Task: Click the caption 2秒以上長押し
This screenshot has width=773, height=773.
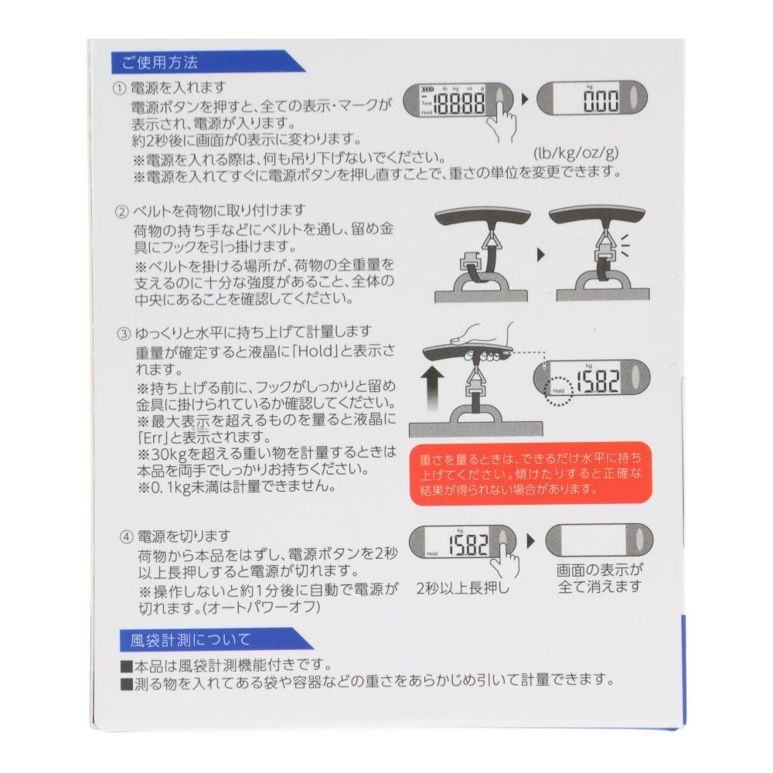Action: [462, 588]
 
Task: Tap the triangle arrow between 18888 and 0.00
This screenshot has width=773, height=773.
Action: [526, 100]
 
